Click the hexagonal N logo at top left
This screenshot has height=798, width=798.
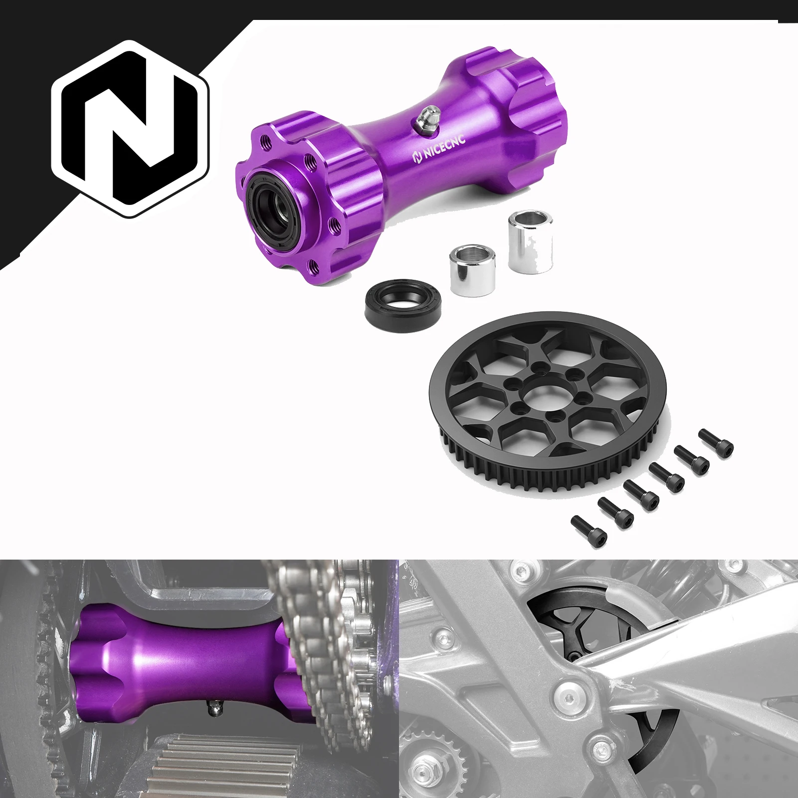[x=130, y=129]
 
